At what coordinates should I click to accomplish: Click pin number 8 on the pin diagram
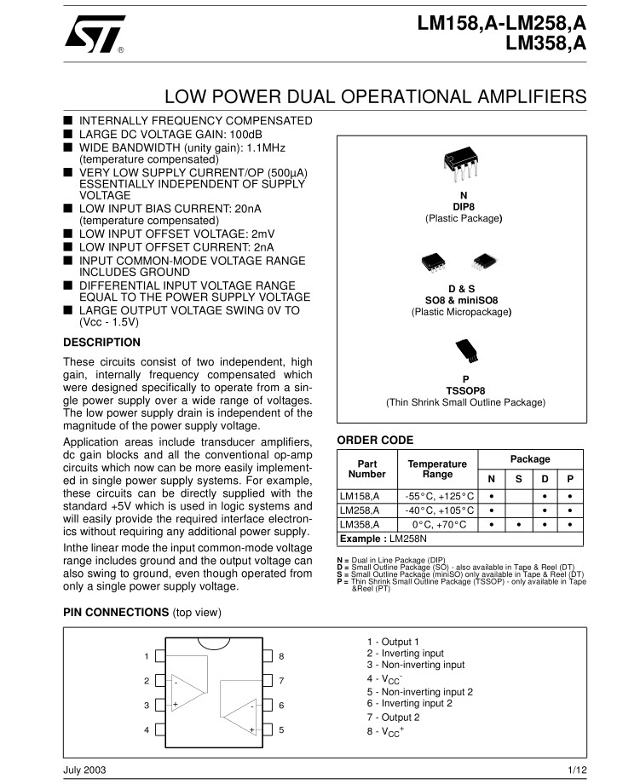281,656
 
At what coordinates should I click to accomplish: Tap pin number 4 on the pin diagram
147,730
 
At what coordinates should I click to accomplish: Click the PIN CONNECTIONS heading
117,613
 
